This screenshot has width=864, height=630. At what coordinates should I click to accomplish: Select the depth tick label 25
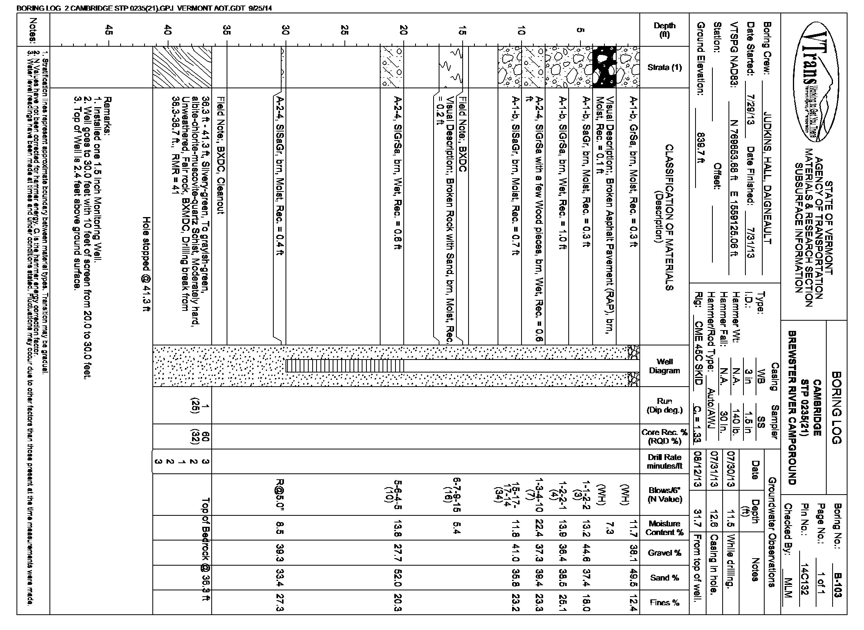pos(344,31)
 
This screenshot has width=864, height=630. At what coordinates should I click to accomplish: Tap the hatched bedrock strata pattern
pos(182,67)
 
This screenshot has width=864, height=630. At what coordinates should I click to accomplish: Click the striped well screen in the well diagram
pos(345,366)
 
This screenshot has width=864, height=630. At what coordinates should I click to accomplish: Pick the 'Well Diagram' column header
pos(664,366)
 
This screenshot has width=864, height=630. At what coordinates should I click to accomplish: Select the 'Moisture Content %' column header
pos(664,528)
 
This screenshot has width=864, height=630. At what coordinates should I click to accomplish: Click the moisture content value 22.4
pos(539,528)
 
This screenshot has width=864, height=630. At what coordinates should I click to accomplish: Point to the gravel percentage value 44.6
pos(586,553)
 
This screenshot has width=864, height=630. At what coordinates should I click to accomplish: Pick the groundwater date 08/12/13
pos(698,469)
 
